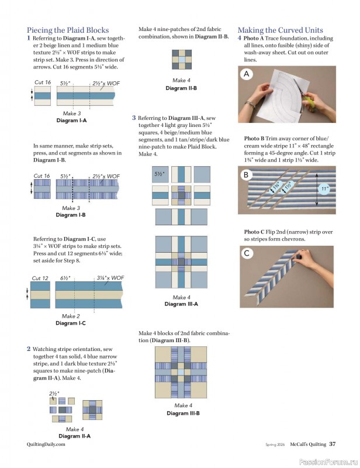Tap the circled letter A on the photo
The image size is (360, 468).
(x=247, y=74)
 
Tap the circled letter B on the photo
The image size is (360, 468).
(x=247, y=175)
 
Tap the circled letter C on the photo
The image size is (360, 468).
(x=247, y=253)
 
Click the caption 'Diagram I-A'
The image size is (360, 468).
(x=71, y=121)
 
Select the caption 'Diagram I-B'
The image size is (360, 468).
(x=71, y=215)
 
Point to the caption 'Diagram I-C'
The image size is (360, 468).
(x=71, y=323)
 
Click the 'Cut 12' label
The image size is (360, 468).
(x=40, y=278)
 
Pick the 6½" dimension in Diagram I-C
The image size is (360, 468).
(x=65, y=278)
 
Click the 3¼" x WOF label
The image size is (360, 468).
(x=110, y=278)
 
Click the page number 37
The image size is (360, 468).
(x=332, y=444)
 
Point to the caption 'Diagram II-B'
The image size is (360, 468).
(x=181, y=88)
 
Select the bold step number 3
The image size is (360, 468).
(x=134, y=118)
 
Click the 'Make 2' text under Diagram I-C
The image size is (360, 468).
(x=71, y=316)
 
